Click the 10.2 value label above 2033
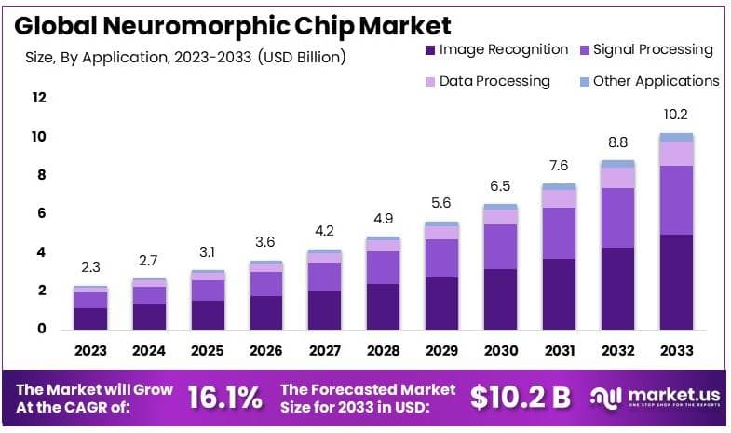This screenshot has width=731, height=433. [x=676, y=115]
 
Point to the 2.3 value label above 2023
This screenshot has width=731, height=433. [x=91, y=267]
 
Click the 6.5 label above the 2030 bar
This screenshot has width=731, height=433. [x=500, y=185]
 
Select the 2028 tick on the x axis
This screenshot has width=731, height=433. [x=384, y=351]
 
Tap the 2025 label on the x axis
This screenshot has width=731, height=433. [x=208, y=351]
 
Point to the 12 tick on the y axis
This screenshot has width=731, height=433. [x=38, y=98]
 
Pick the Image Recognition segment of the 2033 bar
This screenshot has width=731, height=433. [x=676, y=281]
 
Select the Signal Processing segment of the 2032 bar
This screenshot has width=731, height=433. [x=617, y=218]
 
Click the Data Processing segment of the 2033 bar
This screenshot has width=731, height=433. [x=676, y=154]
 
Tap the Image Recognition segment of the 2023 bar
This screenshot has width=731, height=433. [x=91, y=318]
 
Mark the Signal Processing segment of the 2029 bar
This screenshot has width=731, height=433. [x=441, y=258]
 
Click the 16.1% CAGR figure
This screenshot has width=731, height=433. [x=224, y=398]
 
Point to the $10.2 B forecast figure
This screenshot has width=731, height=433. [x=520, y=398]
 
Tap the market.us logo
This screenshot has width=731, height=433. [x=656, y=398]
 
